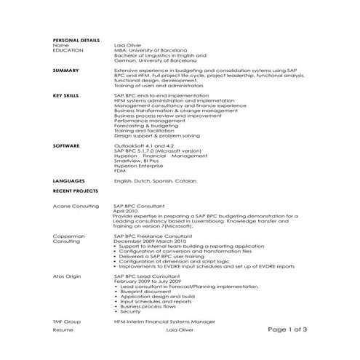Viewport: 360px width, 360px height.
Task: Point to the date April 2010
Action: pos(126,211)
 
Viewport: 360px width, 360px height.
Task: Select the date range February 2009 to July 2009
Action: pos(148,281)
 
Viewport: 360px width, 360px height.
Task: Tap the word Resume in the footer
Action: pos(63,330)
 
